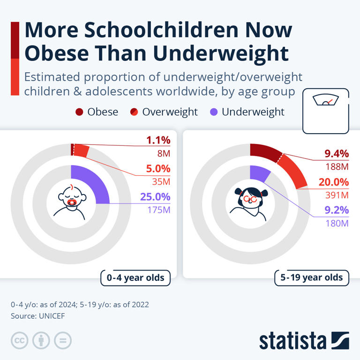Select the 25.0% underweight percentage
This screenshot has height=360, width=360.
pyautogui.click(x=155, y=197)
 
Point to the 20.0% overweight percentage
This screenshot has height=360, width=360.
pyautogui.click(x=334, y=182)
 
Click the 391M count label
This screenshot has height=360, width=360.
pyautogui.click(x=337, y=195)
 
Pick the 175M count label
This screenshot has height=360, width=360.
pyautogui.click(x=159, y=210)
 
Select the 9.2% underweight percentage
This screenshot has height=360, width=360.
pyautogui.click(x=337, y=210)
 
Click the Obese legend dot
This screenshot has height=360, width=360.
pyautogui.click(x=79, y=112)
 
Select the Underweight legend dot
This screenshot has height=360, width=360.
pyautogui.click(x=213, y=112)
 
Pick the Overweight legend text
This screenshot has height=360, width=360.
pyautogui.click(x=170, y=112)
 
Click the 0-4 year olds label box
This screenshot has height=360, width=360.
pyautogui.click(x=135, y=278)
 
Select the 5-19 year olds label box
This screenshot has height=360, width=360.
pyautogui.click(x=312, y=277)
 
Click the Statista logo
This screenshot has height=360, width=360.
pyautogui.click(x=304, y=341)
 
